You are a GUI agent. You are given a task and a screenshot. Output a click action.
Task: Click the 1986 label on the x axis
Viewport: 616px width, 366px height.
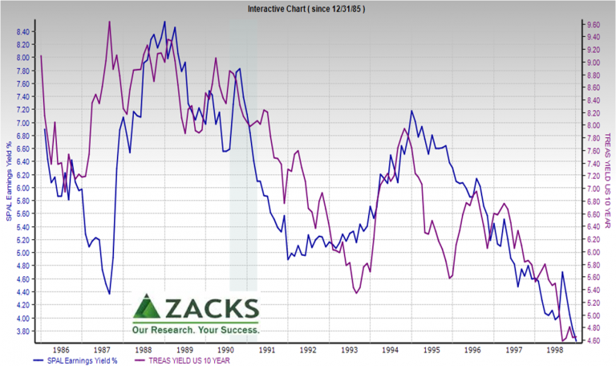(x=60, y=351)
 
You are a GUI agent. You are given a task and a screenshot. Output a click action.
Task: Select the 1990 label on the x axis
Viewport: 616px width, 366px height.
(x=225, y=351)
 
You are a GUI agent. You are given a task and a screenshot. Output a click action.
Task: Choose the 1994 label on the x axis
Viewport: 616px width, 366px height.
(x=390, y=351)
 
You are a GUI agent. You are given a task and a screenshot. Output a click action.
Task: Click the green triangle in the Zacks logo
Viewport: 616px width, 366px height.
(x=147, y=308)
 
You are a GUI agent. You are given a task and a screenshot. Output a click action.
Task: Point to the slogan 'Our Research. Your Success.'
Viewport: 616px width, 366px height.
(x=197, y=329)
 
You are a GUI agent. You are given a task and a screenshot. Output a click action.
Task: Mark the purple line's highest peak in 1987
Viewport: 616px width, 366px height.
(x=109, y=21)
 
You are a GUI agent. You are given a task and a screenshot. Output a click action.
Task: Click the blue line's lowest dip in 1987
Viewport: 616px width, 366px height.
(x=110, y=294)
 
